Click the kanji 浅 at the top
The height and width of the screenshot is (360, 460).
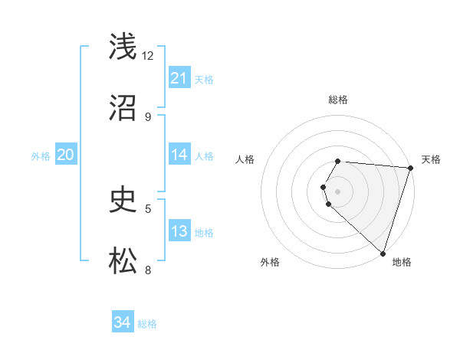(x=123, y=47)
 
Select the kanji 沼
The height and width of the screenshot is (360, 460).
(x=123, y=108)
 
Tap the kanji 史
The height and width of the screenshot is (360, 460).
(x=123, y=200)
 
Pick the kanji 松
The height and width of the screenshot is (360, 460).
(x=123, y=261)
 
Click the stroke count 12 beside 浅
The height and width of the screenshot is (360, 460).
(x=148, y=56)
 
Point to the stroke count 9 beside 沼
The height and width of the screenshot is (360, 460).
(x=148, y=116)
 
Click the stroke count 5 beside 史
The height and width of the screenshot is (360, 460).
(x=148, y=208)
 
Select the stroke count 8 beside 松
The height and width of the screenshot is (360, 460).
(x=148, y=270)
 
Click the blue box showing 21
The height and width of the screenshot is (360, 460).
(x=179, y=78)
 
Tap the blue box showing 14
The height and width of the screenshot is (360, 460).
(x=179, y=155)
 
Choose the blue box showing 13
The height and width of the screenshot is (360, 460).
(x=179, y=231)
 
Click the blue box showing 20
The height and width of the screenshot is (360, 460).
(x=65, y=155)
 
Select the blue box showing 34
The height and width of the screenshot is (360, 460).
(x=122, y=323)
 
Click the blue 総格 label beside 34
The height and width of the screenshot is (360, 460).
(x=147, y=324)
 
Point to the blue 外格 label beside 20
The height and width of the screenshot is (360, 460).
(x=41, y=155)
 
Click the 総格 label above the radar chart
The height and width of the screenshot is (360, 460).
(x=338, y=100)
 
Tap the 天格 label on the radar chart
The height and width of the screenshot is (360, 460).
(x=431, y=159)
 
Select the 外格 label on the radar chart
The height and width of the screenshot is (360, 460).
(x=270, y=262)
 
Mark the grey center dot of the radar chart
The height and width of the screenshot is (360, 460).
(x=338, y=191)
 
